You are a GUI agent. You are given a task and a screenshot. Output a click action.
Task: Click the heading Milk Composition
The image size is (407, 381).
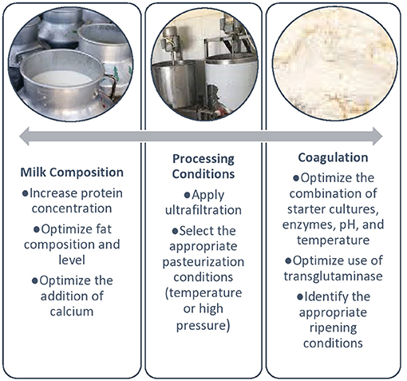(72, 173)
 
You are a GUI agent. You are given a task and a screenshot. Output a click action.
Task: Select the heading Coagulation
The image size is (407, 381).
(333, 157)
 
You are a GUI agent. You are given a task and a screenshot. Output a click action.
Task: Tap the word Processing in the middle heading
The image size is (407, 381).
(203, 159)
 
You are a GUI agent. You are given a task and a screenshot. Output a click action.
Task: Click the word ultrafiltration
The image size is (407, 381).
(203, 210)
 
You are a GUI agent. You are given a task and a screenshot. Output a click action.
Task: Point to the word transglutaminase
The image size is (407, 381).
(333, 276)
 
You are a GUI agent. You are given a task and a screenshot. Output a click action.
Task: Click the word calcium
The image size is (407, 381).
(72, 312)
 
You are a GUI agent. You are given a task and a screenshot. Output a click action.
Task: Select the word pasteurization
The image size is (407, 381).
(203, 262)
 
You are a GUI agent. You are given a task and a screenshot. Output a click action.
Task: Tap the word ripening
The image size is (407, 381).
(333, 328)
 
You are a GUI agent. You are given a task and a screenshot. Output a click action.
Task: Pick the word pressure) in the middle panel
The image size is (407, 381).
(203, 325)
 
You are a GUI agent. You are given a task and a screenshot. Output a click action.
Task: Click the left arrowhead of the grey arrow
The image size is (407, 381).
(24, 137)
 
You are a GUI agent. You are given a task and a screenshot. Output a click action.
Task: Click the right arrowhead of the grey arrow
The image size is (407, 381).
(377, 137)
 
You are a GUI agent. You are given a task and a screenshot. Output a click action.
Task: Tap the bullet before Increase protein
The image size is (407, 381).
(26, 193)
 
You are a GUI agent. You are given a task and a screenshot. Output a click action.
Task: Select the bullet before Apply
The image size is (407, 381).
(188, 196)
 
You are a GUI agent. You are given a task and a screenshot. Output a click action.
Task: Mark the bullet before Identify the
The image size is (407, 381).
(300, 297)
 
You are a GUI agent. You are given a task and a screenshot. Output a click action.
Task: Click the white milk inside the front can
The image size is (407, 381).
(62, 78)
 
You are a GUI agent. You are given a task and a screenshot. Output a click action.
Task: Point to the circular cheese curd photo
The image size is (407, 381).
(335, 65)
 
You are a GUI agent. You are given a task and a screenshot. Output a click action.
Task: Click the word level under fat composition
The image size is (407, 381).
(72, 260)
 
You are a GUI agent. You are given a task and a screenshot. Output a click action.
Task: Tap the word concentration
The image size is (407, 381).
(72, 208)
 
